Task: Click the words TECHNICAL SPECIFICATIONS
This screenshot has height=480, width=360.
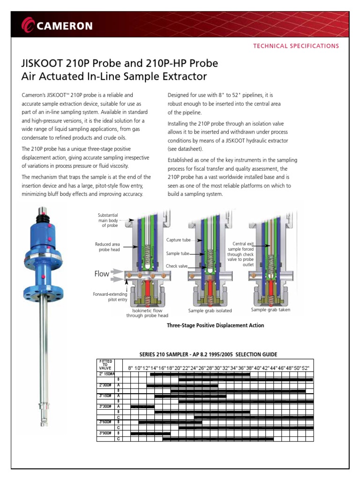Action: pyautogui.click(x=295, y=46)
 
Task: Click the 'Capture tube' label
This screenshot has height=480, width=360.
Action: pyautogui.click(x=179, y=240)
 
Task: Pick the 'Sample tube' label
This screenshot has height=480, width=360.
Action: pyautogui.click(x=178, y=253)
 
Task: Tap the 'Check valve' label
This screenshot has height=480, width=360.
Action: pyautogui.click(x=178, y=266)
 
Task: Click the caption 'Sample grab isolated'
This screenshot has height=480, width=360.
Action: pyautogui.click(x=210, y=311)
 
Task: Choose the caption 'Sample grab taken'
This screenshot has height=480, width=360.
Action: pyautogui.click(x=270, y=310)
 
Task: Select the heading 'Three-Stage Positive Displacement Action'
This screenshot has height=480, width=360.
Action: pyautogui.click(x=215, y=325)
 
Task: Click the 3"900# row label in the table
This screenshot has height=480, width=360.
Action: pyautogui.click(x=105, y=433)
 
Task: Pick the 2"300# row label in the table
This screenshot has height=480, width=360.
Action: pyautogui.click(x=105, y=385)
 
